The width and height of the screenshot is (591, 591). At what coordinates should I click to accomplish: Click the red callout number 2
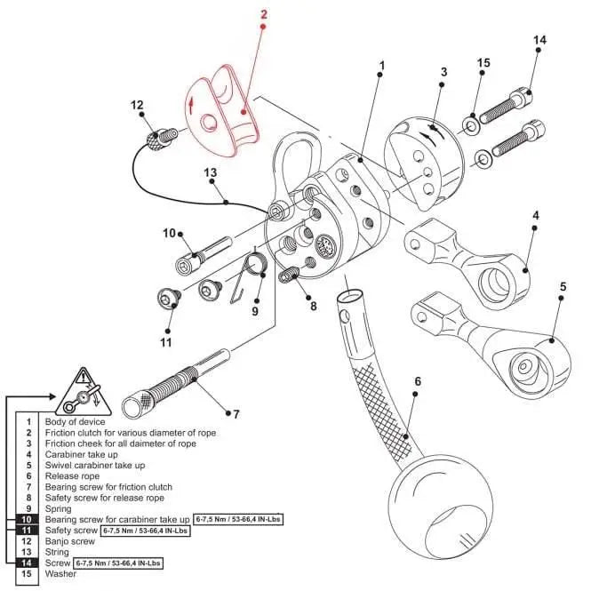263,14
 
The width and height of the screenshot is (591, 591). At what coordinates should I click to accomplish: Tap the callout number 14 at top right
539,41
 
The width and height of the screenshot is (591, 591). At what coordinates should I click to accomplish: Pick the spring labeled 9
255,266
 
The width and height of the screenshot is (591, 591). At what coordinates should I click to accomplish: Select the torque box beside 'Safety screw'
146,531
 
